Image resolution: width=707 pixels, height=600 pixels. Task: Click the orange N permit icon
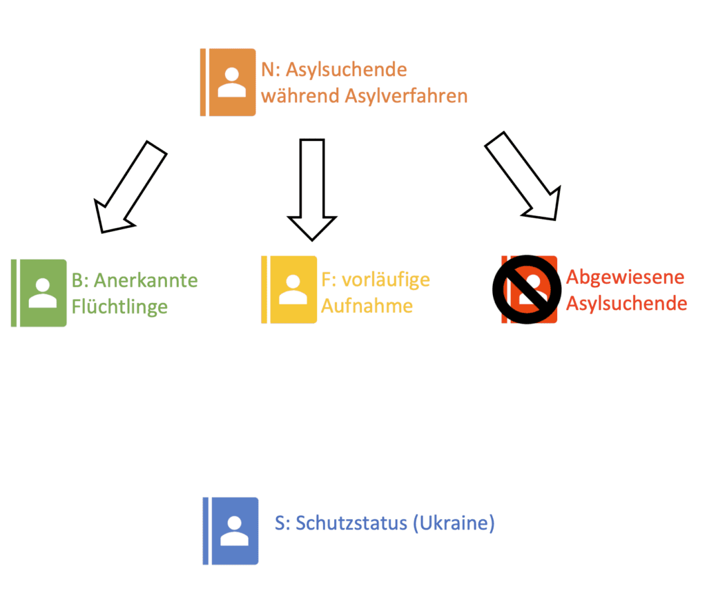point(229,82)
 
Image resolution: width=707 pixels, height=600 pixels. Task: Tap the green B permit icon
point(40,293)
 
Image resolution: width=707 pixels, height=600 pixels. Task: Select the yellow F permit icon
point(289,289)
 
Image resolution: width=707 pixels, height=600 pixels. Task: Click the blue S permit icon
point(231,531)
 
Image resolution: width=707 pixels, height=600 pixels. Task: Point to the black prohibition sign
point(524,289)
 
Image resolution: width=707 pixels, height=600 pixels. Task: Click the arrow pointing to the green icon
point(129,186)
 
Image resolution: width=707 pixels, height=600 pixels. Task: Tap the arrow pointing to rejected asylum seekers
point(523,177)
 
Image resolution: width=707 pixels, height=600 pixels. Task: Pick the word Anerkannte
point(146,280)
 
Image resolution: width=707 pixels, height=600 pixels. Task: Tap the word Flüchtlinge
point(119,306)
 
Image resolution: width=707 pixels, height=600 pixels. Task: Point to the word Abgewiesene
point(625,277)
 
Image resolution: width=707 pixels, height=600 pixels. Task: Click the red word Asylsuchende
point(626,303)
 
